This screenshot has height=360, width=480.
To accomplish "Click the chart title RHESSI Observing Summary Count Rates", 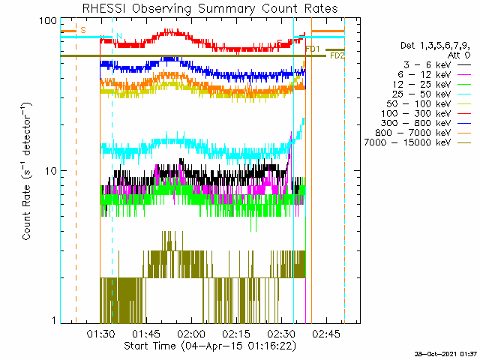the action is (210, 8).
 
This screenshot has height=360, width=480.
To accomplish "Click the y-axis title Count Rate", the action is (26, 212).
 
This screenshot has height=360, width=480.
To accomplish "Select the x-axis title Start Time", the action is (150, 346).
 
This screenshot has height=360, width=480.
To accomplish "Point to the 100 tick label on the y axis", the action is (48, 21).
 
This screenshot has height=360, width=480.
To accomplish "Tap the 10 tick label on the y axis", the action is (51, 171).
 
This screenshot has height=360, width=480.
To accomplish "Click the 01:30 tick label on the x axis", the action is (100, 334).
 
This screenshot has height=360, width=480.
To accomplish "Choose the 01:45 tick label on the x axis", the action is (146, 334).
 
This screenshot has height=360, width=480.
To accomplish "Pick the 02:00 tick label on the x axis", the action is (192, 334).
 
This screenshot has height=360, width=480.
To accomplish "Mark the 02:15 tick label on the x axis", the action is (236, 334).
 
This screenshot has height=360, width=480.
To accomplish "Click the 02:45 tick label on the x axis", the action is (326, 334).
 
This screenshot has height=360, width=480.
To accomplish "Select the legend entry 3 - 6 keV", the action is (427, 65).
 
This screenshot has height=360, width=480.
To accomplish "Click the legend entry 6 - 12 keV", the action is (424, 75).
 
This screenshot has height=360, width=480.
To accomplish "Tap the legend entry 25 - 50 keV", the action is (421, 94).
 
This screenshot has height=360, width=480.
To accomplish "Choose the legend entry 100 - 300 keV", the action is (416, 113).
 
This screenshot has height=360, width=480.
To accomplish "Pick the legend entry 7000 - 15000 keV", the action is (407, 142).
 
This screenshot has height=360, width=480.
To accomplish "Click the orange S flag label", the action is (83, 30).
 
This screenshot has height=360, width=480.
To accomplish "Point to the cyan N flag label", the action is (119, 36).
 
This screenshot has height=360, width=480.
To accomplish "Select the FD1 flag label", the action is (313, 49).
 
